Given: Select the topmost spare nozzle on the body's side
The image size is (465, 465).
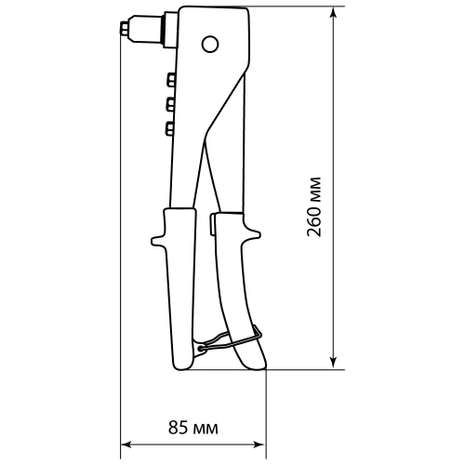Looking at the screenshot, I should [x=169, y=79].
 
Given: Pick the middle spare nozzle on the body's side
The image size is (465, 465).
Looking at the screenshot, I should [x=169, y=102].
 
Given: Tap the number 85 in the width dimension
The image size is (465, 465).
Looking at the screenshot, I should [x=179, y=428].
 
